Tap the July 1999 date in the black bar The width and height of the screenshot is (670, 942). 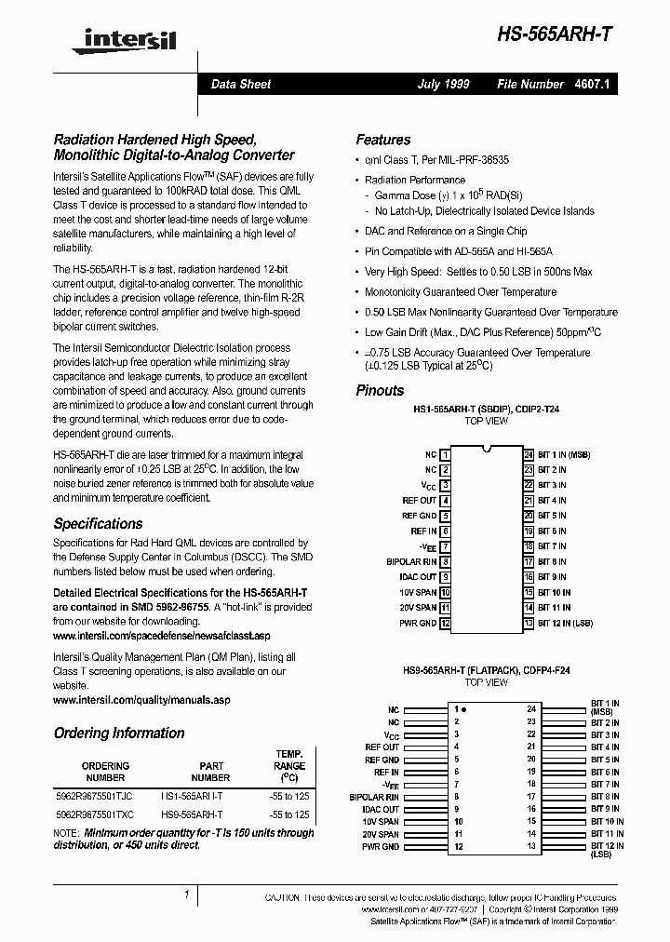click(x=443, y=84)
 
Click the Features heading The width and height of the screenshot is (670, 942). click(x=382, y=140)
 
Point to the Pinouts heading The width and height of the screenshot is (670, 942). click(x=380, y=390)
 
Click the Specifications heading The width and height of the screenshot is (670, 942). click(x=98, y=523)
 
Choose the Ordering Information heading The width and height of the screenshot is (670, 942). click(x=119, y=733)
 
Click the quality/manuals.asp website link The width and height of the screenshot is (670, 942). click(x=141, y=699)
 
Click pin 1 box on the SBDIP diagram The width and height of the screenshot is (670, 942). click(x=446, y=454)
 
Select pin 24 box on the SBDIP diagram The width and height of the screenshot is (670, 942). click(x=529, y=454)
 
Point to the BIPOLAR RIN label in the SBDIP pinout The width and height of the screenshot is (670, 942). click(x=410, y=561)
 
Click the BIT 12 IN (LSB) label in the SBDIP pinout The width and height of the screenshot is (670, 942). click(x=565, y=622)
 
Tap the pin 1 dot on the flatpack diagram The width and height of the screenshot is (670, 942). click(x=464, y=709)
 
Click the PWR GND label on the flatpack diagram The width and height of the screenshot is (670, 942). click(x=381, y=846)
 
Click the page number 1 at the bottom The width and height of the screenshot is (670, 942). click(x=187, y=895)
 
